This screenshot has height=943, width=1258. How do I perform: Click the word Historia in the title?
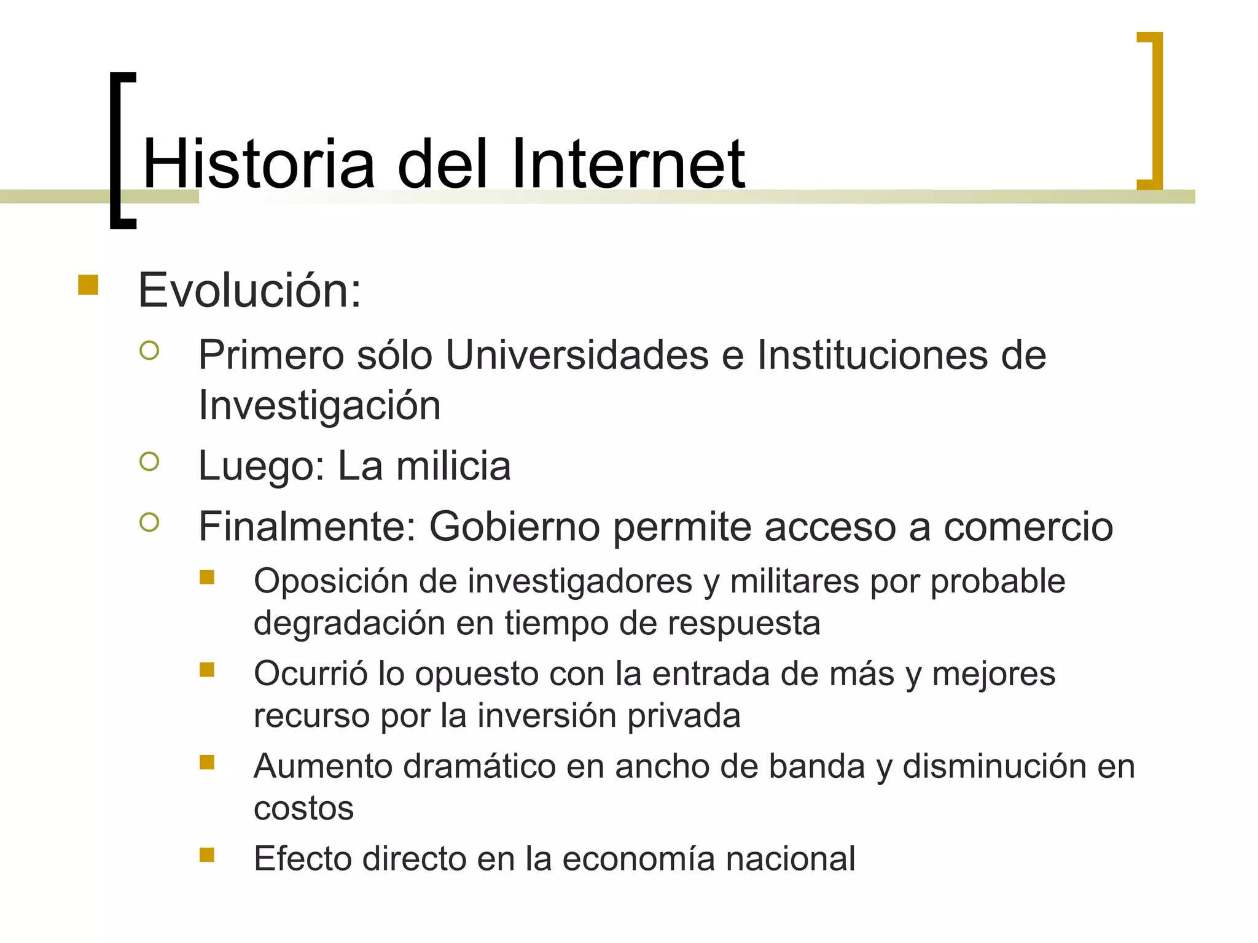point(259,164)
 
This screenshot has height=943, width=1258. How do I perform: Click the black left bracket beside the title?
point(122,150)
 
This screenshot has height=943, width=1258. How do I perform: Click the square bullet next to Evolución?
point(88,285)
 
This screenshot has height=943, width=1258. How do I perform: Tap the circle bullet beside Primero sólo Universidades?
point(149,351)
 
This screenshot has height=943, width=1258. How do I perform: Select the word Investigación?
point(319,406)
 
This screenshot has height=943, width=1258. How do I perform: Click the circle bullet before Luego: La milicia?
point(149,461)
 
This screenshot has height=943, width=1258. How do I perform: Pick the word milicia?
point(453,466)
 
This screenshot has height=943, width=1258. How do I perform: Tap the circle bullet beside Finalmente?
point(149,522)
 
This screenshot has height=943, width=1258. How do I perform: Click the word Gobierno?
point(514,527)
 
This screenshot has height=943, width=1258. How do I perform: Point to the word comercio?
point(1028,527)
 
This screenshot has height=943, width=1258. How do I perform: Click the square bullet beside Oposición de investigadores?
point(207,577)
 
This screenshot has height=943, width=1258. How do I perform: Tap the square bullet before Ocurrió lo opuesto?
point(207,669)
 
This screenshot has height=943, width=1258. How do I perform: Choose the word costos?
point(303,808)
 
